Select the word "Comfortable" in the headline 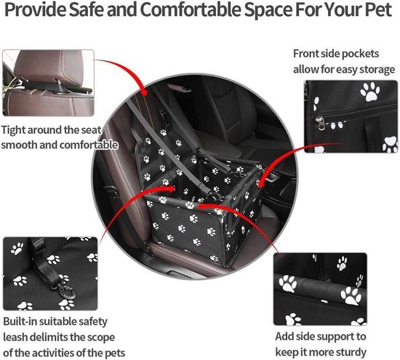point(190,9)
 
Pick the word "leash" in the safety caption point(16,337)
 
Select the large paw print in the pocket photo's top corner point(370,92)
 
